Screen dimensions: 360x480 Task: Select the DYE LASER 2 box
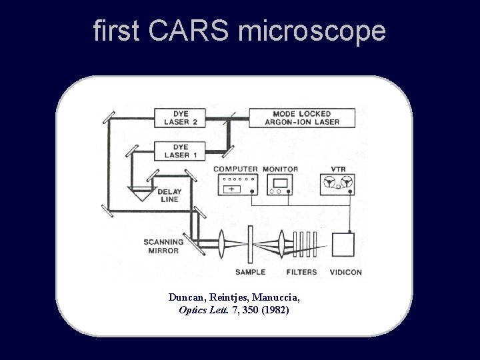click(177, 117)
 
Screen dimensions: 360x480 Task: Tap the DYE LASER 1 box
click(177, 151)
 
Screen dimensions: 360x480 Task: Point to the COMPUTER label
click(235, 169)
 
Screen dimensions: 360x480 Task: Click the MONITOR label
click(281, 169)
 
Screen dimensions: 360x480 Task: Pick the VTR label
click(338, 169)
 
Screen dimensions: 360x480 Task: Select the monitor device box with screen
click(280, 185)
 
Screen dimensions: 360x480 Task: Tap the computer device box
click(235, 185)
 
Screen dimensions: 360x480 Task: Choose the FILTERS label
click(301, 272)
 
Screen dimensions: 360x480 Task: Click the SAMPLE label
click(251, 272)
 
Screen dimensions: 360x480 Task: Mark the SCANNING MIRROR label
click(162, 246)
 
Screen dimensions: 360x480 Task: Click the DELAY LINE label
click(169, 195)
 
